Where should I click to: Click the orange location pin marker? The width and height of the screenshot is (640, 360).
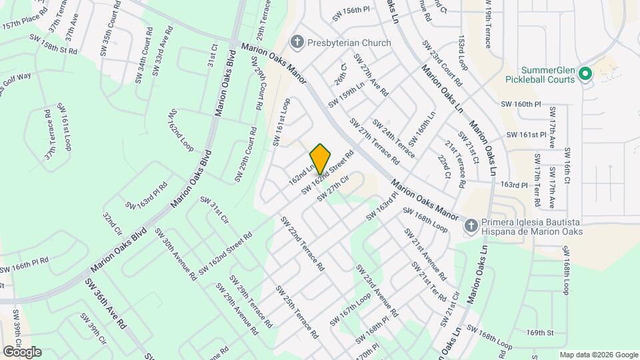(x=321, y=159)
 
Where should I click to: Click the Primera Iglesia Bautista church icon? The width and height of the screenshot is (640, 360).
(x=471, y=226)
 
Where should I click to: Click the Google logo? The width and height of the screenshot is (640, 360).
(x=21, y=352)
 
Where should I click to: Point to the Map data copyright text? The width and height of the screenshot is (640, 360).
(x=598, y=355)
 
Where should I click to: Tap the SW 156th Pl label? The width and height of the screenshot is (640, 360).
(x=351, y=10)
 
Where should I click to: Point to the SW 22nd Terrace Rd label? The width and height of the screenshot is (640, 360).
(x=302, y=243)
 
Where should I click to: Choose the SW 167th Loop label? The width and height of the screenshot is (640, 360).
(x=349, y=311)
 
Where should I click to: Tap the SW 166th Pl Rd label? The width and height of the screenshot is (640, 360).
(x=25, y=265)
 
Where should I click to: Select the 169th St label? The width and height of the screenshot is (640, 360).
(x=540, y=332)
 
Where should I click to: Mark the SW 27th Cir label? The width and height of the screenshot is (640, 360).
(x=333, y=189)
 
